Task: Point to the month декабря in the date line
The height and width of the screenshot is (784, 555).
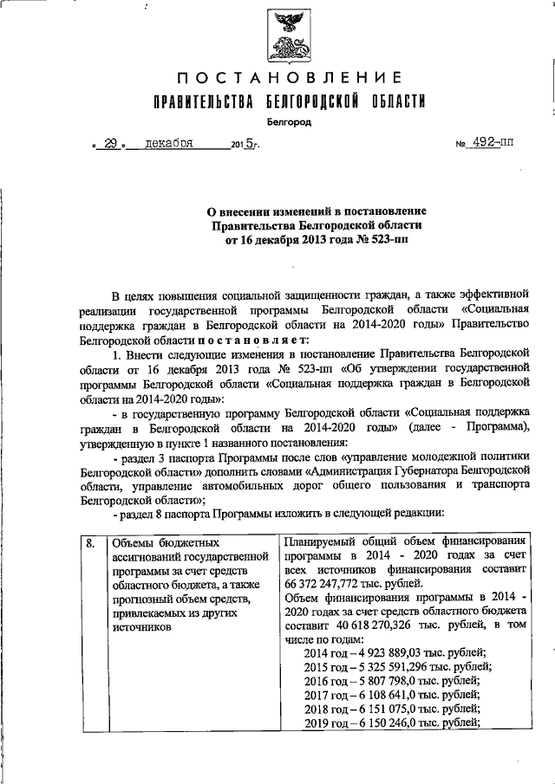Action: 169,144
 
